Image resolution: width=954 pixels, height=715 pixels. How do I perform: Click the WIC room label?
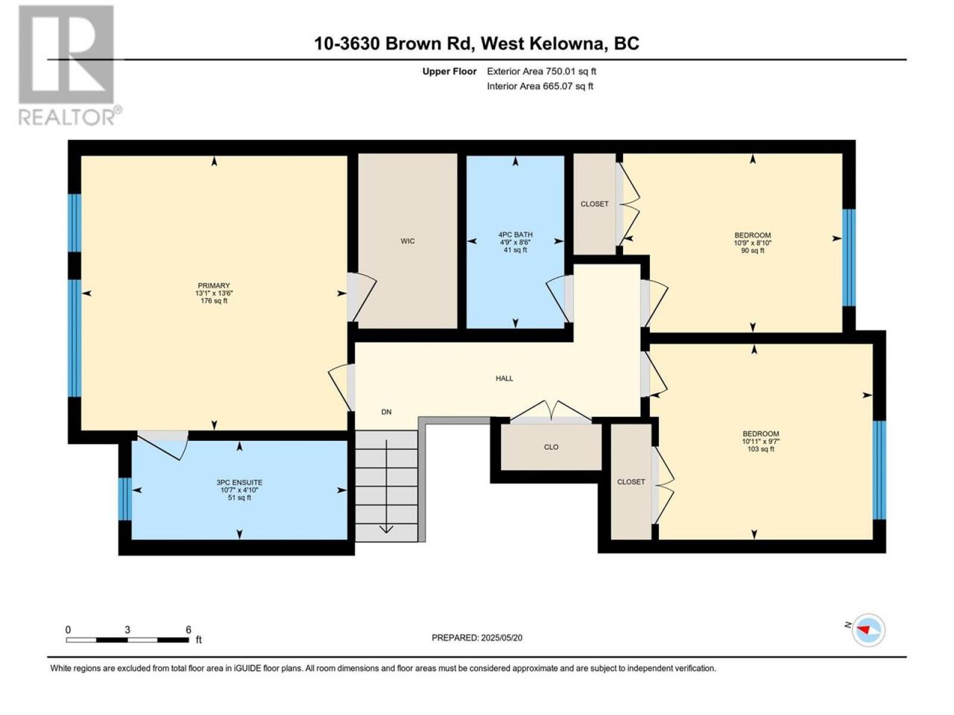click(x=407, y=241)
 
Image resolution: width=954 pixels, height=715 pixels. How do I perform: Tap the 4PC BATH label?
click(x=515, y=235)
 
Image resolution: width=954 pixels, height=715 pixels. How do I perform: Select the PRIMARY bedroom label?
click(x=213, y=285)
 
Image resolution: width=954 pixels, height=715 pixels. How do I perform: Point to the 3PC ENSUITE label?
click(x=239, y=483)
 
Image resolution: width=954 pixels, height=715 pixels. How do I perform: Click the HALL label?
click(x=504, y=378)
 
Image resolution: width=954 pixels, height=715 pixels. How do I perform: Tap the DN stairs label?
click(x=386, y=412)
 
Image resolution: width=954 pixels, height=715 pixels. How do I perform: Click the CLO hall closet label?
click(x=551, y=447)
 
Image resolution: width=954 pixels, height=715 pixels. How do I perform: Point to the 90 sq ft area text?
click(x=752, y=250)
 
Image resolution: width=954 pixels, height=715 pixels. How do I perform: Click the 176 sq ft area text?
click(x=213, y=300)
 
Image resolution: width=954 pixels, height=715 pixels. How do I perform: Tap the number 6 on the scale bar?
click(x=189, y=629)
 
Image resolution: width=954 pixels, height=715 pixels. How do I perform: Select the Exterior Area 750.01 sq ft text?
click(x=542, y=71)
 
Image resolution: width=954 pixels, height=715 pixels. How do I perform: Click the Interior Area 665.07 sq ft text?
click(x=540, y=86)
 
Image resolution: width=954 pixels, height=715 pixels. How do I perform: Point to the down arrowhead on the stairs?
click(x=386, y=530)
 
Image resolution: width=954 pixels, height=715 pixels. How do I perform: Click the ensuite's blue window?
click(x=124, y=499)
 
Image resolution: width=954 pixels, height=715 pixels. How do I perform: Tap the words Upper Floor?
click(x=449, y=71)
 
